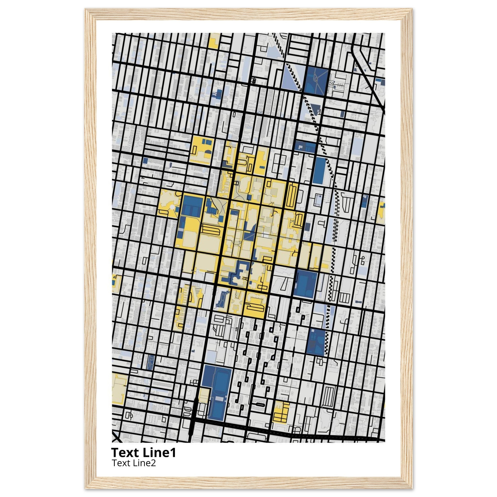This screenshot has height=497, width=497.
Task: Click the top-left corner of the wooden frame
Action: tap(86, 9)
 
